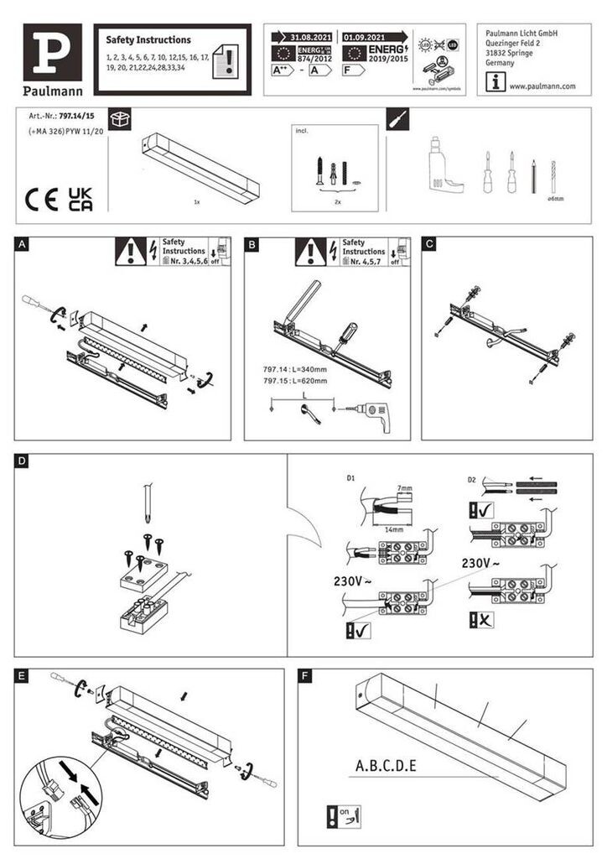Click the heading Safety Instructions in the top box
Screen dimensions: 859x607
[x=148, y=39]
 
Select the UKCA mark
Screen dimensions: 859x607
[x=80, y=199]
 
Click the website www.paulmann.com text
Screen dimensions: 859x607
[x=542, y=86]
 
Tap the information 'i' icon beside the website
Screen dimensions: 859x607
[x=497, y=82]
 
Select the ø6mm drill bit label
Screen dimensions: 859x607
[x=555, y=198]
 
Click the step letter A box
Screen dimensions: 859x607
[x=23, y=245]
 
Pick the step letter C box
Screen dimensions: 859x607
[x=429, y=245]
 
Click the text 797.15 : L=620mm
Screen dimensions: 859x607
[x=295, y=380]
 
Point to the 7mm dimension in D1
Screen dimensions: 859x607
[x=406, y=487]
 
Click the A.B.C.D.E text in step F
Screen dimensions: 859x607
[x=386, y=765]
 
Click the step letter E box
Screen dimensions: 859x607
[x=23, y=674]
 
